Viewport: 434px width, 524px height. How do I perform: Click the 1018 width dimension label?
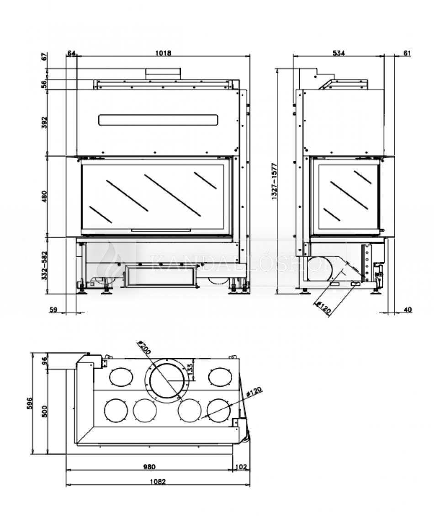163,53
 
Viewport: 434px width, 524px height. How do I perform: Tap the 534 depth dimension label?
339,53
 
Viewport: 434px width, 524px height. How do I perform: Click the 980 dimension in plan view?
149,467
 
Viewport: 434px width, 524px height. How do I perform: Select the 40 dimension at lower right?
408,310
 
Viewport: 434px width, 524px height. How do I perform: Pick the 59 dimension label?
53,310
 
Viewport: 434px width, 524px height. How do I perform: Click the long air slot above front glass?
158,120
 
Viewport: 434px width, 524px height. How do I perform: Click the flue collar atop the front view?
163,73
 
